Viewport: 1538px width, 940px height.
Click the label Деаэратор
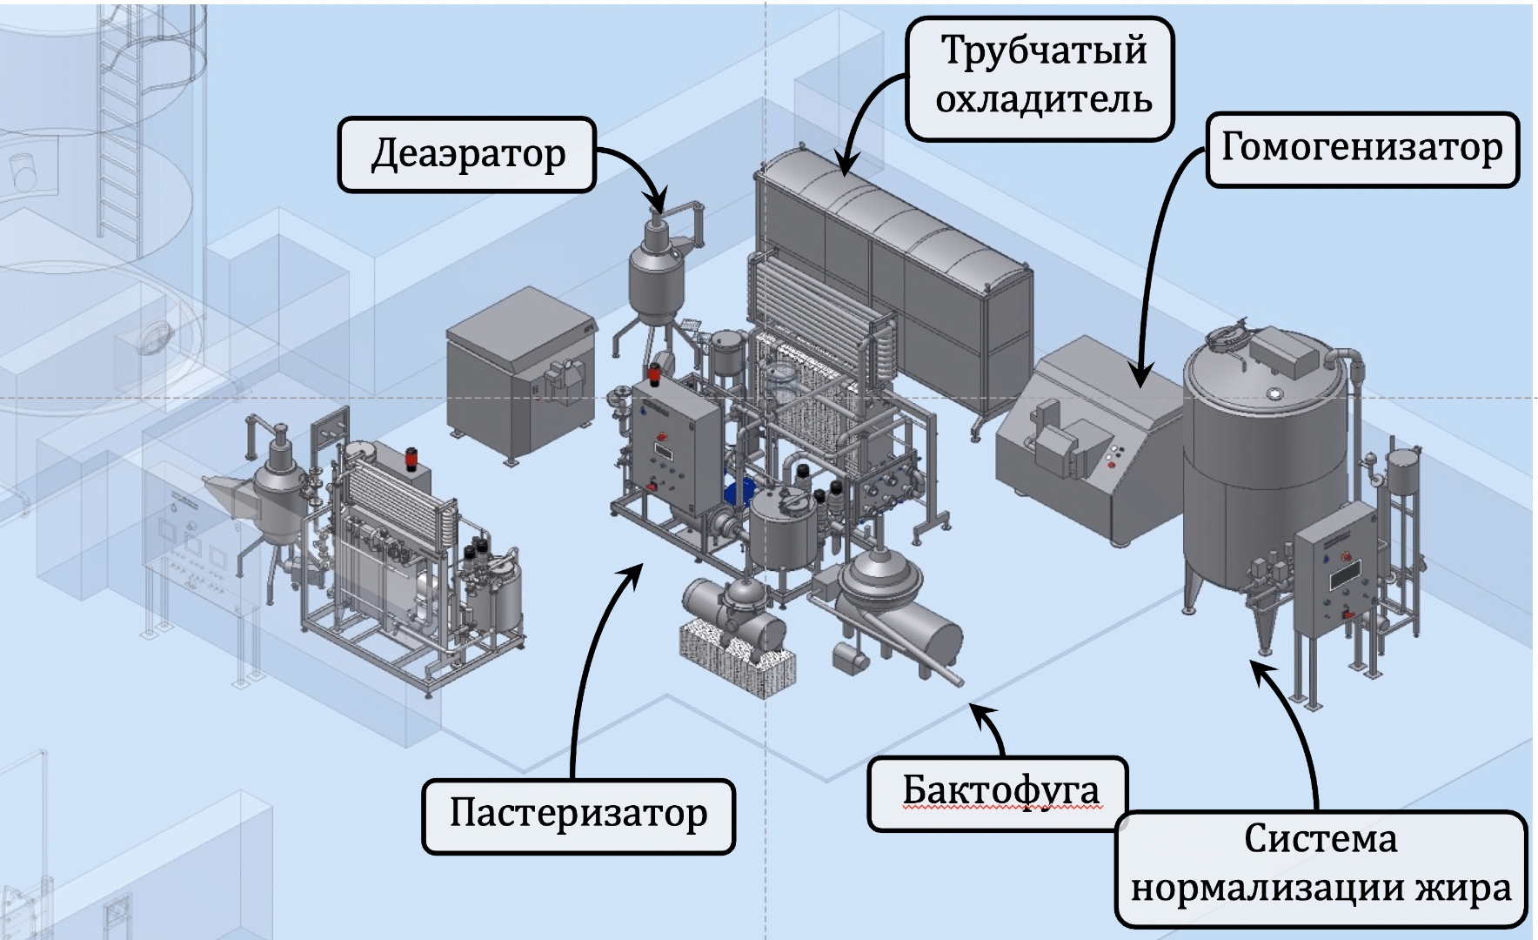click(x=467, y=155)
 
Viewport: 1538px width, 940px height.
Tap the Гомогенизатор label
click(x=1361, y=148)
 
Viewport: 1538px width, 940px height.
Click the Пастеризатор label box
click(x=578, y=814)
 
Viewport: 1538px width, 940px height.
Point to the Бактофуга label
click(x=999, y=790)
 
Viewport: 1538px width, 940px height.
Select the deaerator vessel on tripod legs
click(x=658, y=279)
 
